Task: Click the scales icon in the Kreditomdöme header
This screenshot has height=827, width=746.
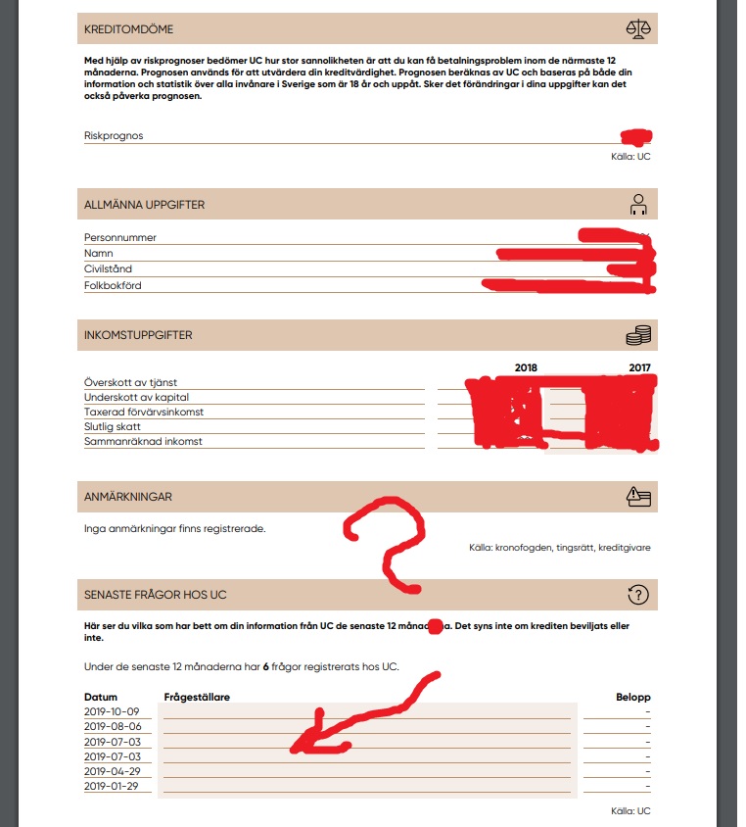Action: point(638,28)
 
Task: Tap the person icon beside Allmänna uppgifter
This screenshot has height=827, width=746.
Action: point(638,204)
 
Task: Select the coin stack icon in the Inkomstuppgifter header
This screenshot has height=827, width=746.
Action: point(638,335)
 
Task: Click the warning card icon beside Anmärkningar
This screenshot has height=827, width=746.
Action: point(638,497)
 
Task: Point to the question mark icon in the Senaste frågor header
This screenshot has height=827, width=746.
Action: point(638,595)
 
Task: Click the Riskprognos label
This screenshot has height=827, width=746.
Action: point(114,136)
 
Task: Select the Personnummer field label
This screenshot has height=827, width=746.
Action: point(120,238)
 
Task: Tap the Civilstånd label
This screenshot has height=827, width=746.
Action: point(108,268)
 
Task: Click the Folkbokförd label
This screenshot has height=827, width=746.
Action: point(113,286)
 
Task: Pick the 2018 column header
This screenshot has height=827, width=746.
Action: point(526,368)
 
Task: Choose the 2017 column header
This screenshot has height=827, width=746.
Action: point(639,368)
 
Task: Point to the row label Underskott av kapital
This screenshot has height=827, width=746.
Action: point(136,397)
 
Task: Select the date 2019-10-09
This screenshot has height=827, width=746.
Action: point(113,711)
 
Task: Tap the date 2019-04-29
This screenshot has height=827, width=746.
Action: point(113,771)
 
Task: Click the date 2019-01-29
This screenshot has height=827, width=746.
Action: point(113,786)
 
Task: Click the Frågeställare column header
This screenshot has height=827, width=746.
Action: point(197,697)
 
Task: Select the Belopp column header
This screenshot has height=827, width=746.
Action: point(632,697)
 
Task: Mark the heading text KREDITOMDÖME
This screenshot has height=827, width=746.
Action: point(129,29)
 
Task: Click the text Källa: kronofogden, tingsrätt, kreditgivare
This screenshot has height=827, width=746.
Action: point(559,548)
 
